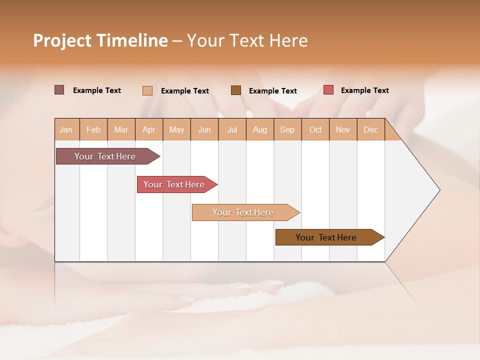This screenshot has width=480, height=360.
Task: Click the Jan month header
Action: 66,129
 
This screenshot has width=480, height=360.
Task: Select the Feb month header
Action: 93,129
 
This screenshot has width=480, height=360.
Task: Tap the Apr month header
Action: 149,129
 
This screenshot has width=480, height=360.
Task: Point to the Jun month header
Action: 204,129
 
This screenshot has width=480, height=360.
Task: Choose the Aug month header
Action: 260,129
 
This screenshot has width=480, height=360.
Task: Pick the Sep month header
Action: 287,129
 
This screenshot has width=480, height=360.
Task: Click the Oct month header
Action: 315,129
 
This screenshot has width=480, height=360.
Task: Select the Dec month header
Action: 371,129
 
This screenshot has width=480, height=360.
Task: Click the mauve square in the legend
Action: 59,90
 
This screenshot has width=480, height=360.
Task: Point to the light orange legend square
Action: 147,90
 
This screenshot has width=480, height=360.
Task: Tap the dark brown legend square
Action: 236,90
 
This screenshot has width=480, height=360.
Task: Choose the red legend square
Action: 328,90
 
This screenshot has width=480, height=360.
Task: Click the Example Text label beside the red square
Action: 364,90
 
